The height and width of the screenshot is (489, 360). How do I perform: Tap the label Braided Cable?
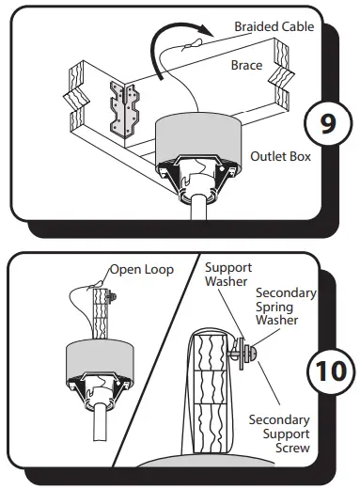coord(274,27)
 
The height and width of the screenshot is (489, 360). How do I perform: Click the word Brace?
coord(246,66)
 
